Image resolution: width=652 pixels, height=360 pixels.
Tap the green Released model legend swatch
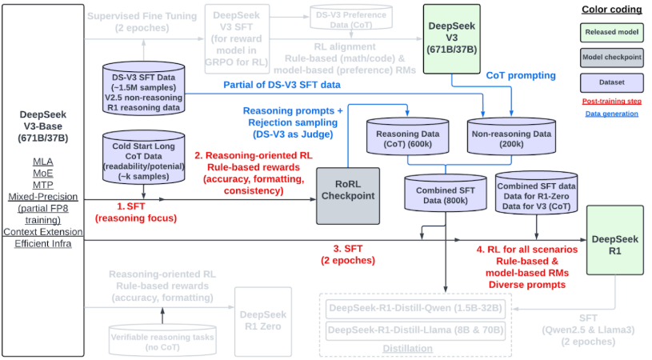click(x=610, y=33)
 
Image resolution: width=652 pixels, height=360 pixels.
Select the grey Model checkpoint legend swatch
click(x=610, y=59)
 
